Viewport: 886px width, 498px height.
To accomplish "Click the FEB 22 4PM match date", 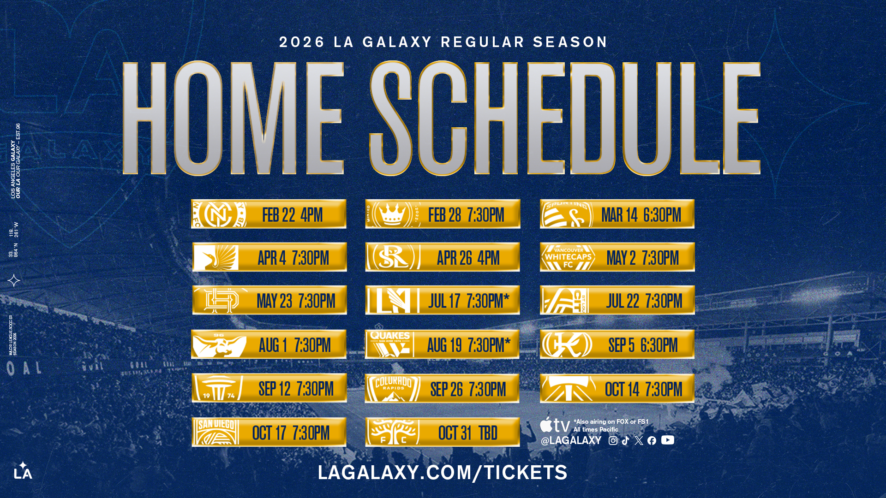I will point(292,215).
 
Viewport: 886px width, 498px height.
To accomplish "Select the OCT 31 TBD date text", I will point(467,433).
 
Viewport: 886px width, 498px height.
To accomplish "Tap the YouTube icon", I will point(667,440).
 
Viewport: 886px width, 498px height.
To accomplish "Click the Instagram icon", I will point(613,441).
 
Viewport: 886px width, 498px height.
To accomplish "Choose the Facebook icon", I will point(652,441).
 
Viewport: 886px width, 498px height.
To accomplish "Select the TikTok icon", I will point(625,441).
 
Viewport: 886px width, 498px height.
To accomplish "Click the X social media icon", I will point(639,441).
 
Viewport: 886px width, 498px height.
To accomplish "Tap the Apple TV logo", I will point(555,425).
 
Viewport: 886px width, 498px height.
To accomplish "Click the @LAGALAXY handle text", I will point(571,441).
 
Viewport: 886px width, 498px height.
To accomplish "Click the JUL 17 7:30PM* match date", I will point(468,301).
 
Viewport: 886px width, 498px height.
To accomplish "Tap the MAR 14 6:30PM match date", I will point(641,215).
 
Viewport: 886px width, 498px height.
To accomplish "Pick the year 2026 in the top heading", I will point(302,42).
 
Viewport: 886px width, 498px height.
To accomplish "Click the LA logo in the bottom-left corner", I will point(23,471).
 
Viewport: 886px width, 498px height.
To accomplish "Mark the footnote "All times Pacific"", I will point(596,430).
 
